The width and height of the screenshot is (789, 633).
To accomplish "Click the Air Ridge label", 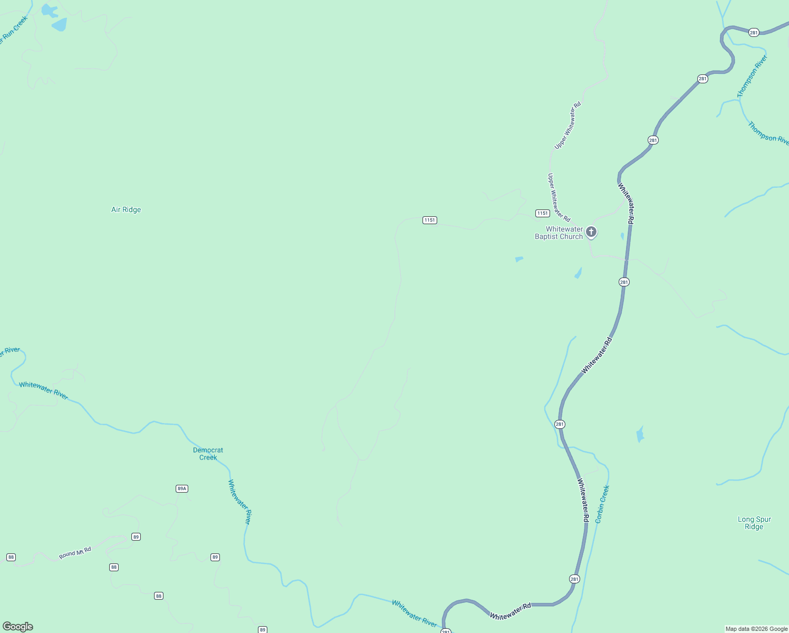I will tap(126, 209).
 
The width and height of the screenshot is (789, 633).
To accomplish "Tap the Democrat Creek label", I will tap(208, 454).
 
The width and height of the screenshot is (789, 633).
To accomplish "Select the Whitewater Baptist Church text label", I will tap(559, 233).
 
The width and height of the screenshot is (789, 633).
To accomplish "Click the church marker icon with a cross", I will tap(591, 232).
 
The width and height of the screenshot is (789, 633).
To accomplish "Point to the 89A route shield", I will tap(182, 488).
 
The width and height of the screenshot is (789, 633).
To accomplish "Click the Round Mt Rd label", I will tap(75, 553).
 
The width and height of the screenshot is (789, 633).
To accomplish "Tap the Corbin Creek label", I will tap(602, 504).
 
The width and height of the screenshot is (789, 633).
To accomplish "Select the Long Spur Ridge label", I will tap(754, 523).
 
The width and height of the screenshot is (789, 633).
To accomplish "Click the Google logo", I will tap(18, 626).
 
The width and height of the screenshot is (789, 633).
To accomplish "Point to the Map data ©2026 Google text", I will tap(756, 629).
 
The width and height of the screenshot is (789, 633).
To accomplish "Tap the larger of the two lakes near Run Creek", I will tap(59, 24).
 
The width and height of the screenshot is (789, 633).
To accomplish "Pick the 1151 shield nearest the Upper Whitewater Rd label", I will tap(543, 213).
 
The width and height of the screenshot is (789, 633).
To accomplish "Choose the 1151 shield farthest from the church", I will tap(430, 220).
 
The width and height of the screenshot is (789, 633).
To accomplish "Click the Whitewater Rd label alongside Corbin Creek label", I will tap(583, 500).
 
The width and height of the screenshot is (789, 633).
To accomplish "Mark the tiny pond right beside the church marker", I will tap(622, 236).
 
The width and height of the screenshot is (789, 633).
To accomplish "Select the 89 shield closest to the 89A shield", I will tap(136, 537).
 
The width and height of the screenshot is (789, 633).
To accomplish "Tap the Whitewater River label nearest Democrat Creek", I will tap(239, 502).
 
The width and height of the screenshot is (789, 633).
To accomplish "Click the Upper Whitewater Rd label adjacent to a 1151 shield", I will tap(559, 197).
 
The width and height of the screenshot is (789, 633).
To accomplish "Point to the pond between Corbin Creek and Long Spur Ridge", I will tap(640, 434).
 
